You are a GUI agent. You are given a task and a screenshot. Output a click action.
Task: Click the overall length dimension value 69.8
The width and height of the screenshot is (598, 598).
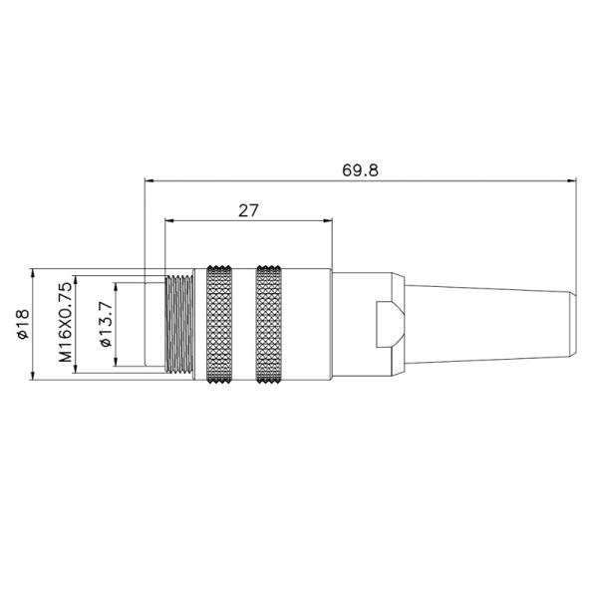(x=360, y=169)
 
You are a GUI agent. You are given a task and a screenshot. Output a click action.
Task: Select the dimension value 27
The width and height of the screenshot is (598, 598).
(x=248, y=210)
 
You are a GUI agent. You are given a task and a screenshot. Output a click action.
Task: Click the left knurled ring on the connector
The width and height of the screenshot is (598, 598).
(x=221, y=325)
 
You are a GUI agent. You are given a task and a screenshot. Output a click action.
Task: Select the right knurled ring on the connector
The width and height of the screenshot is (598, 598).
(x=270, y=325)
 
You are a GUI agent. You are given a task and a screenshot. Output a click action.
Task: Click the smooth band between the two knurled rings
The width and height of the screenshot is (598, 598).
(x=246, y=325)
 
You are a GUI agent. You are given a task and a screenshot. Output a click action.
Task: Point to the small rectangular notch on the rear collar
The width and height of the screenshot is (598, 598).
(x=384, y=324)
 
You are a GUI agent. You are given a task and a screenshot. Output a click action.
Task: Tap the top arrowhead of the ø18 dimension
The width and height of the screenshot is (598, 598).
(x=35, y=272)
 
